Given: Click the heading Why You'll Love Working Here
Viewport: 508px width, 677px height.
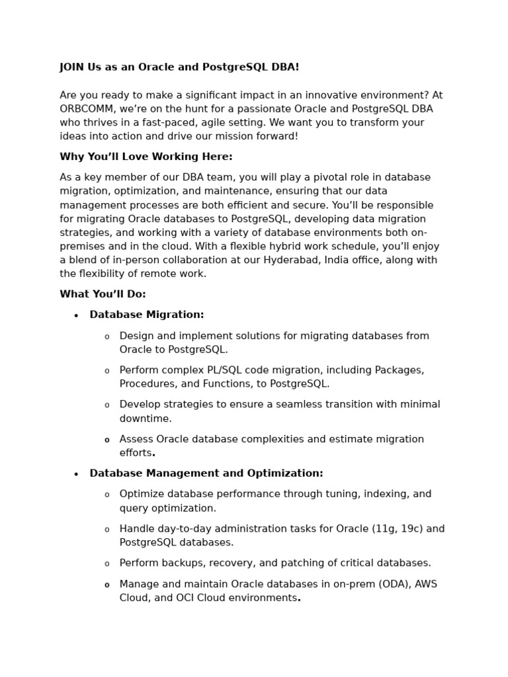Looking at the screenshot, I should [x=146, y=157].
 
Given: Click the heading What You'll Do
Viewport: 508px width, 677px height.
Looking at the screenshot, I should [x=103, y=294].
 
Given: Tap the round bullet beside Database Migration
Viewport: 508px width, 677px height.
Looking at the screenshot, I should [x=76, y=316].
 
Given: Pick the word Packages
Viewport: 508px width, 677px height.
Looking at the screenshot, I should [x=399, y=370].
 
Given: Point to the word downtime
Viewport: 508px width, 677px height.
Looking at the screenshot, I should [x=146, y=418].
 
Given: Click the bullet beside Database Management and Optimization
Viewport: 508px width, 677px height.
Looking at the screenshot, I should [x=76, y=475].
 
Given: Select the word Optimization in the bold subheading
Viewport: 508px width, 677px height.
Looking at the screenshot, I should [x=284, y=473].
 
